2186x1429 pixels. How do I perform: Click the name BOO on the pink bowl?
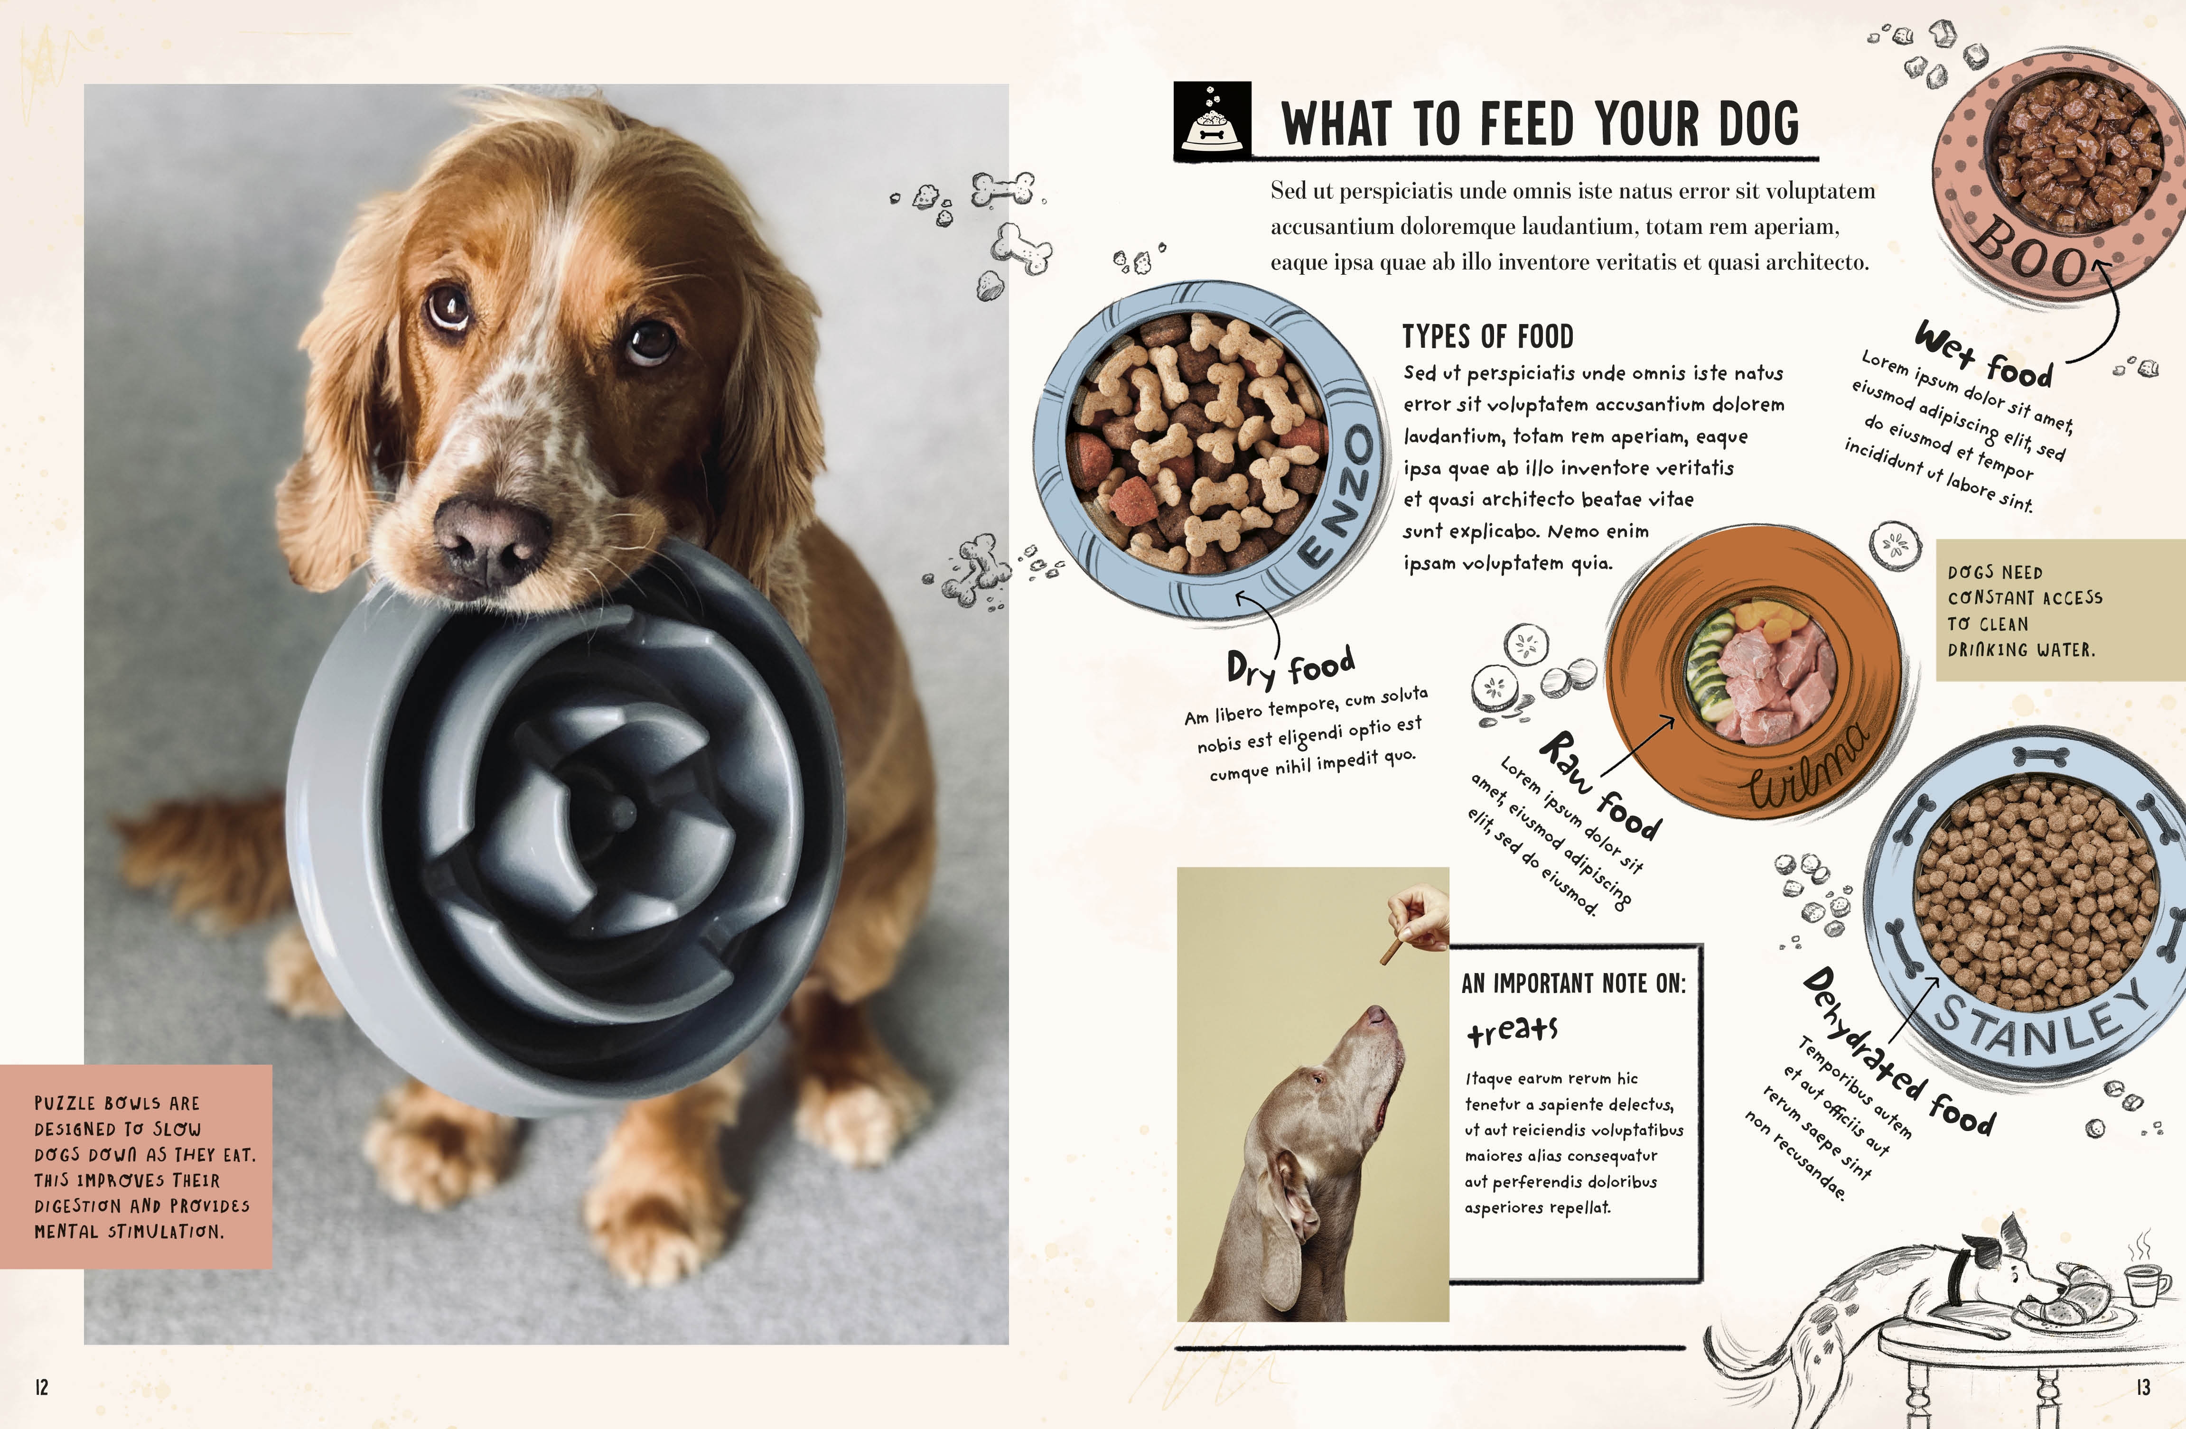pyautogui.click(x=2035, y=251)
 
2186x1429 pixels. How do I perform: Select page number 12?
pyautogui.click(x=41, y=1387)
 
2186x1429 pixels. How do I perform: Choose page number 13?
pyautogui.click(x=2143, y=1387)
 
